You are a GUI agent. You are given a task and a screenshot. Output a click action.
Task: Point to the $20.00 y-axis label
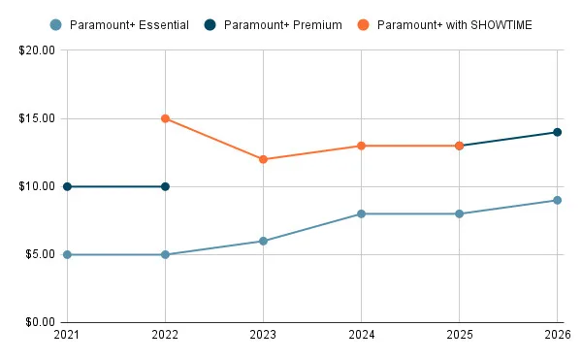pyautogui.click(x=35, y=50)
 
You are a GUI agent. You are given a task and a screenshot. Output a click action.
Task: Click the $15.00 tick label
pyautogui.click(x=35, y=118)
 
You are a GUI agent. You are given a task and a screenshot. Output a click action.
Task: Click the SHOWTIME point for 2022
pyautogui.click(x=165, y=118)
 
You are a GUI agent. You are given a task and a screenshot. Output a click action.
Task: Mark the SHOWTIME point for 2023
pyautogui.click(x=263, y=159)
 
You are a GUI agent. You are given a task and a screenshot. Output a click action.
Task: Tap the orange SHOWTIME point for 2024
pyautogui.click(x=361, y=146)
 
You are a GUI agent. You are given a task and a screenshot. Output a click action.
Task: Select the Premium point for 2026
pyautogui.click(x=557, y=132)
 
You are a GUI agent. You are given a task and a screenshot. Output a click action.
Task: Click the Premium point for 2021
pyautogui.click(x=67, y=186)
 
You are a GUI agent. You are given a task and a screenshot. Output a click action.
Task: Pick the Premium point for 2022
pyautogui.click(x=165, y=186)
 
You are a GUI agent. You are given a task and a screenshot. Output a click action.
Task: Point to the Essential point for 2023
pyautogui.click(x=263, y=241)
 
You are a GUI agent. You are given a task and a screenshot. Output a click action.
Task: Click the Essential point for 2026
pyautogui.click(x=557, y=200)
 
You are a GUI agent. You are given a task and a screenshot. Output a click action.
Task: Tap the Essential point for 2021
pyautogui.click(x=67, y=254)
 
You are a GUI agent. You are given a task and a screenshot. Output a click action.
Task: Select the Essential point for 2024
pyautogui.click(x=361, y=213)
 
